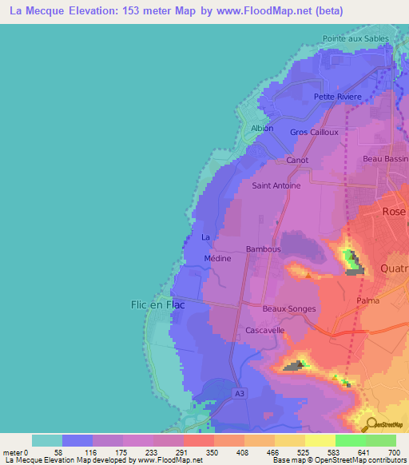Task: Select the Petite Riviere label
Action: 337,97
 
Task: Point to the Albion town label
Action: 262,128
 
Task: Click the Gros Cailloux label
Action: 314,132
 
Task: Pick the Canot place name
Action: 297,160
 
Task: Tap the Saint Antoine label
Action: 276,185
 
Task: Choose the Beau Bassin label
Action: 385,159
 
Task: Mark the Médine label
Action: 217,258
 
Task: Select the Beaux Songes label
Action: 289,308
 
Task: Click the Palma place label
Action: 368,300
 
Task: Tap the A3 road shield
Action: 240,393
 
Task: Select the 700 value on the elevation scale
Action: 395,453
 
